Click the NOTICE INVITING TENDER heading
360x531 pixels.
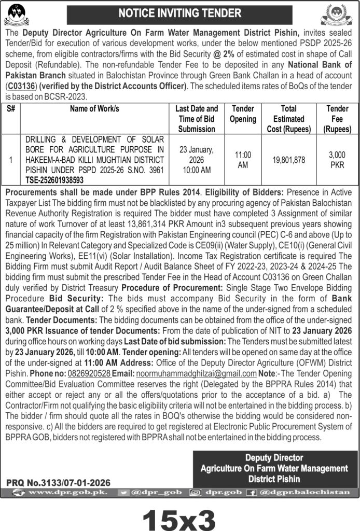(x=180, y=13)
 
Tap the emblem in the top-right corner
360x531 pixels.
(x=340, y=15)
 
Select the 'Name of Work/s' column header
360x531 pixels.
(x=94, y=109)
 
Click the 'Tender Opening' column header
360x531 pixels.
(x=243, y=114)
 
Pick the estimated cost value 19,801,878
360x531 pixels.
(x=288, y=160)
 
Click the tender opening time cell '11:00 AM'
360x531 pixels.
(x=243, y=160)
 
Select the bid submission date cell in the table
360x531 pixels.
(x=196, y=160)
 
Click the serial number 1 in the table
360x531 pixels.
(x=11, y=160)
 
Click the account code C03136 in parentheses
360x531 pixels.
(x=20, y=87)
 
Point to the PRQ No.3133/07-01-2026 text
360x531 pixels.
(x=59, y=482)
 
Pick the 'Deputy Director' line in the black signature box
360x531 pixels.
(x=274, y=458)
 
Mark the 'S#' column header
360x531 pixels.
(x=11, y=109)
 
